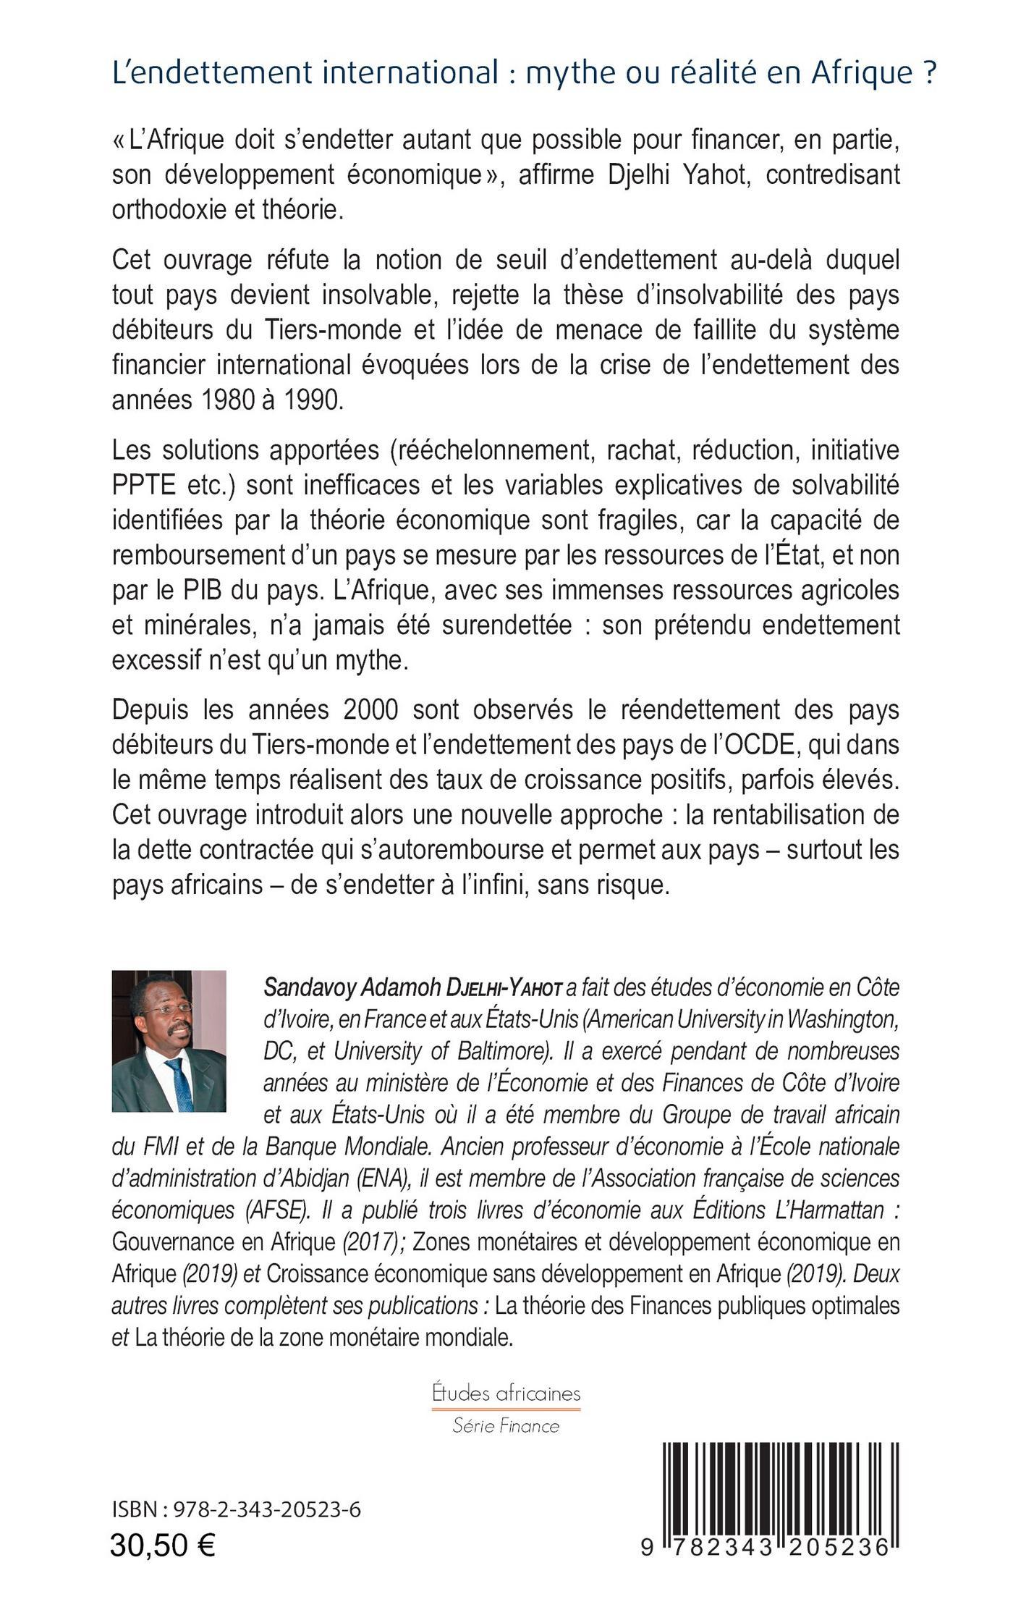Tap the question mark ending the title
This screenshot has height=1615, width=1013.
[x=930, y=72]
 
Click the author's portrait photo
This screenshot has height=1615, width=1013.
[x=169, y=1041]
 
